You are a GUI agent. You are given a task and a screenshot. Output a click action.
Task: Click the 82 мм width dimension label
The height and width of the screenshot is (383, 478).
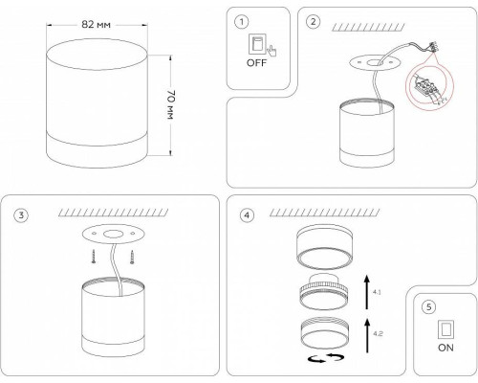(96, 25)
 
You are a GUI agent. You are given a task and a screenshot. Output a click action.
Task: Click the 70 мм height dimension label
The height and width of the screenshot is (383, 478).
(171, 105)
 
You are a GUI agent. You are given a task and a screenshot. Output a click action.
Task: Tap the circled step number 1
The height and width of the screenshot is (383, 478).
(242, 22)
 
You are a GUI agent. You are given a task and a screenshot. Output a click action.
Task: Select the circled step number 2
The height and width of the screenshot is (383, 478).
(313, 22)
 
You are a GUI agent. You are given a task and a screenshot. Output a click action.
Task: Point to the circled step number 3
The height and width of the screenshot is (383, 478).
(21, 214)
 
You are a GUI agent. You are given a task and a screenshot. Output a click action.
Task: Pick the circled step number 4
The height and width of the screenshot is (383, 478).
(247, 215)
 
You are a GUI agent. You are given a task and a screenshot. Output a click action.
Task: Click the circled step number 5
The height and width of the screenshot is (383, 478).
(428, 307)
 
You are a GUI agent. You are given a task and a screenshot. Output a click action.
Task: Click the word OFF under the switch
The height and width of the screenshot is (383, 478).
(256, 63)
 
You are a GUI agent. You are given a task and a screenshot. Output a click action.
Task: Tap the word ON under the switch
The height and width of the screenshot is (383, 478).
(445, 348)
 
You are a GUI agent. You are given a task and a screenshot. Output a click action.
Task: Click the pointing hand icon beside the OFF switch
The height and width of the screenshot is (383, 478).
(272, 51)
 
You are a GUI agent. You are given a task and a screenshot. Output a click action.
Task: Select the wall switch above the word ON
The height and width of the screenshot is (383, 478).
(445, 329)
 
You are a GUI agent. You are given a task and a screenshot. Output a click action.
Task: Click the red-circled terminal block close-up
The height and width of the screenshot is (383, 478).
(429, 86)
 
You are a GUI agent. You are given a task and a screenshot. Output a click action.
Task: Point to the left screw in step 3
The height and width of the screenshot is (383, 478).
(94, 257)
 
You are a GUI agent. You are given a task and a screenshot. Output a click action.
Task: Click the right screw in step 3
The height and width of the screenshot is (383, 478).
(132, 258)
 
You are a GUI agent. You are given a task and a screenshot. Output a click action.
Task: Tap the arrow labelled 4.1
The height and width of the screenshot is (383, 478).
(367, 292)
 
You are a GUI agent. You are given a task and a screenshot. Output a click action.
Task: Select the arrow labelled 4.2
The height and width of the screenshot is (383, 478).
(367, 335)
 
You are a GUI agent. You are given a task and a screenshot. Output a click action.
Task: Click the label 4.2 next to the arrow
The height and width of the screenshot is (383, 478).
(378, 334)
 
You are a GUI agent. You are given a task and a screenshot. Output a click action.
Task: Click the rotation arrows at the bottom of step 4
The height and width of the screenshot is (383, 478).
(326, 358)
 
